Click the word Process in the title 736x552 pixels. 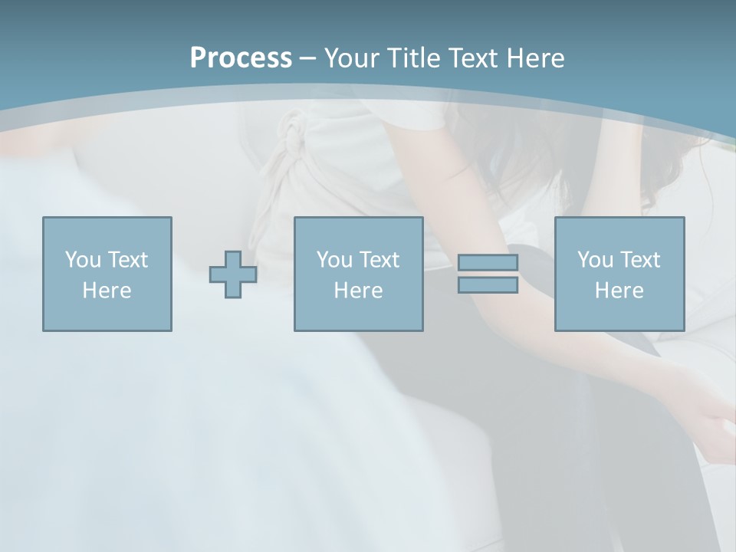[241, 58]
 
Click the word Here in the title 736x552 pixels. [535, 58]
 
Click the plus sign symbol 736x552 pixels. [233, 274]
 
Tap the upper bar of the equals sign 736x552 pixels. [488, 262]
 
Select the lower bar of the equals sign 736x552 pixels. [488, 285]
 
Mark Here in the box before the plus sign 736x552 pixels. [107, 291]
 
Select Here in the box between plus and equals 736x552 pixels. [358, 291]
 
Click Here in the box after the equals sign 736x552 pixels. [619, 291]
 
